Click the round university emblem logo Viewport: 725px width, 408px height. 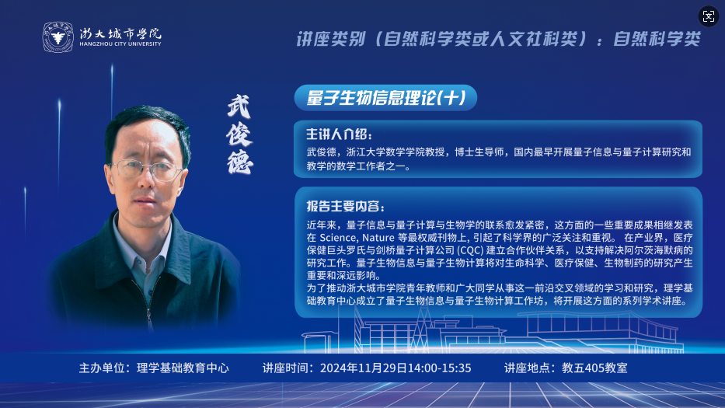[x=58, y=37]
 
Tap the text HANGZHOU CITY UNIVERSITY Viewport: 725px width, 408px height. [x=120, y=44]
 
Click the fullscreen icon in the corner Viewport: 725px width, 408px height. [x=709, y=16]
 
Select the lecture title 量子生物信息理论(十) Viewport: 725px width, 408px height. [x=385, y=98]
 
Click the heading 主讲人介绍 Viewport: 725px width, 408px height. [x=339, y=134]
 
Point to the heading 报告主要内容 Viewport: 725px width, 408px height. [x=345, y=206]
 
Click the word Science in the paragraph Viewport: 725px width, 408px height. [x=338, y=238]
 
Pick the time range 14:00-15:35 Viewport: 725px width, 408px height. [x=439, y=368]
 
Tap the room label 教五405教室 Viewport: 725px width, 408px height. [x=594, y=368]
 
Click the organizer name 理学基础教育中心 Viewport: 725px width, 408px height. [x=183, y=368]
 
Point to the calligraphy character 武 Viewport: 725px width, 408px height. [x=239, y=106]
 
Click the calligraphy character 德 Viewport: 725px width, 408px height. [x=240, y=162]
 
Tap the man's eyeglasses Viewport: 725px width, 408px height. [x=147, y=170]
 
